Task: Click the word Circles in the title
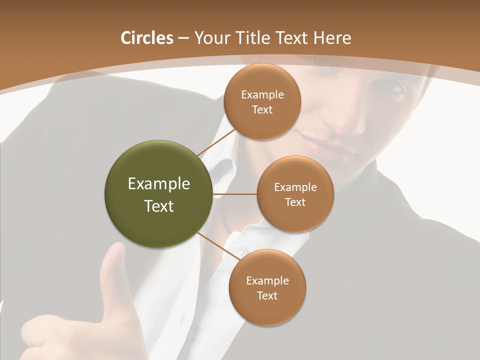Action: coord(146,38)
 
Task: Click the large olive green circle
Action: coord(158,194)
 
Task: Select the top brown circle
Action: coord(262,101)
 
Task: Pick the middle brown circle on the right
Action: coord(295,194)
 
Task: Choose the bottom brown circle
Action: coord(267,287)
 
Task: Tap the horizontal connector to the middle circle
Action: coord(234,194)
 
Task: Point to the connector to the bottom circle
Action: coord(218,245)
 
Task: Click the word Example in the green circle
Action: coord(158,184)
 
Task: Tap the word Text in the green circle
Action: coord(158,206)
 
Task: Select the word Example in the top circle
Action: coord(262,95)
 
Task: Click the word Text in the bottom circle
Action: coord(267,295)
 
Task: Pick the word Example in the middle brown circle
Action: coord(295,187)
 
